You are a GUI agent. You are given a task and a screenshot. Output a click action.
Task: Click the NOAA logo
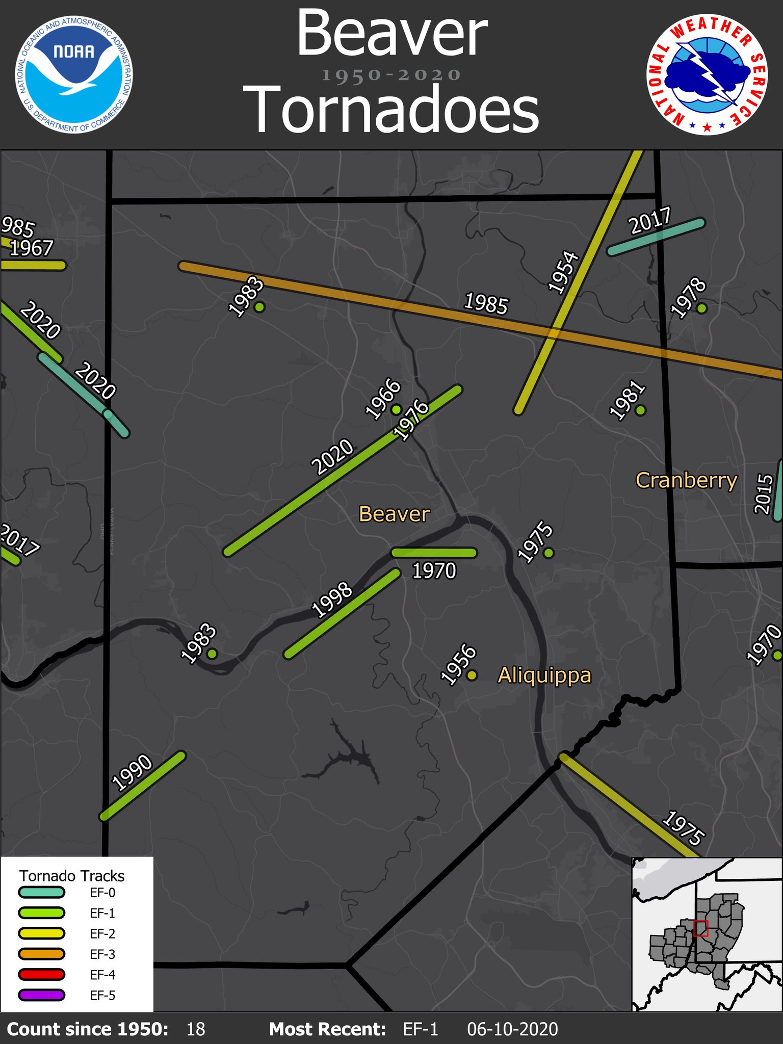74,74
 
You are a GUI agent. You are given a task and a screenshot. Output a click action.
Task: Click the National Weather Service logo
707,74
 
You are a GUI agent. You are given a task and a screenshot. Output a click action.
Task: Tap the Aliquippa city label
544,675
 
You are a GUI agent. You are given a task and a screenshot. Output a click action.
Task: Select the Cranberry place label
686,480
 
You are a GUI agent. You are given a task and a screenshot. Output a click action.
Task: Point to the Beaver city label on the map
394,514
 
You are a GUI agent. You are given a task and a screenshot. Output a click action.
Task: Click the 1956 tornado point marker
472,675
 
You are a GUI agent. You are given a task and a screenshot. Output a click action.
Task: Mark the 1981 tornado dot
641,410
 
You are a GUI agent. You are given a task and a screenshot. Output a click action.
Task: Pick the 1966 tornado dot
396,409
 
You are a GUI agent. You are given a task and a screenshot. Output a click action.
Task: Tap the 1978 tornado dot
702,308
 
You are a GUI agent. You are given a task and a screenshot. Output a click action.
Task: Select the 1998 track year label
332,600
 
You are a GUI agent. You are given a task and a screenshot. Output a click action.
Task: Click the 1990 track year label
132,773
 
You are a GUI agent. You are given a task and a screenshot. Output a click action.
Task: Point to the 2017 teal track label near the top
650,221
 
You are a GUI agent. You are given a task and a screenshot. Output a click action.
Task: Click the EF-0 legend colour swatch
41,893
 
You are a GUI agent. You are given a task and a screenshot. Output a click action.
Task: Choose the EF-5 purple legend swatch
41,995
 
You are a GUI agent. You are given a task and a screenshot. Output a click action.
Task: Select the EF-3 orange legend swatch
41,954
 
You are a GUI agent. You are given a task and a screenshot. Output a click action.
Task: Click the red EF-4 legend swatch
41,975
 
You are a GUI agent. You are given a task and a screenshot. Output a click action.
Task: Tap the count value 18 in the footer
196,1029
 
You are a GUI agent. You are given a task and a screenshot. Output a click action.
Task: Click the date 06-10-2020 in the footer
512,1029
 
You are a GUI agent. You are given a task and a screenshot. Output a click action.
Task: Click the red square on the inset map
701,928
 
